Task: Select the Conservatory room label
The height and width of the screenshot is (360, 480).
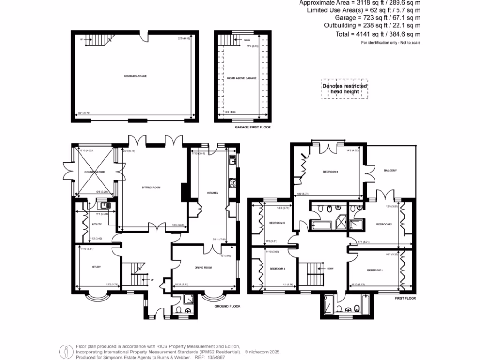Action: coord(95,172)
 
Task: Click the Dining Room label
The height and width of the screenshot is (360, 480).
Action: coord(203,268)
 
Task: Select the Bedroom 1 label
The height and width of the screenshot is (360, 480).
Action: coord(330,172)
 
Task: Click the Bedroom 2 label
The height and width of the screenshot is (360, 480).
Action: coord(384,225)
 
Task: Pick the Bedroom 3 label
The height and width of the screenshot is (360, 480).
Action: coord(375,270)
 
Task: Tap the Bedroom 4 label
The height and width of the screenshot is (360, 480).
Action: coord(277,269)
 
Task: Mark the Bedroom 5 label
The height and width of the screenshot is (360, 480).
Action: coord(277,223)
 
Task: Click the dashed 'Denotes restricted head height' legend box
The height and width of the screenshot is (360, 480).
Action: coord(345,89)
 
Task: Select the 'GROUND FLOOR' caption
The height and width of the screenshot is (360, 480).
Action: coord(227,306)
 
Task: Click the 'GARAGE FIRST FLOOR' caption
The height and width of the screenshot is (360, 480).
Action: coord(253,127)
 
